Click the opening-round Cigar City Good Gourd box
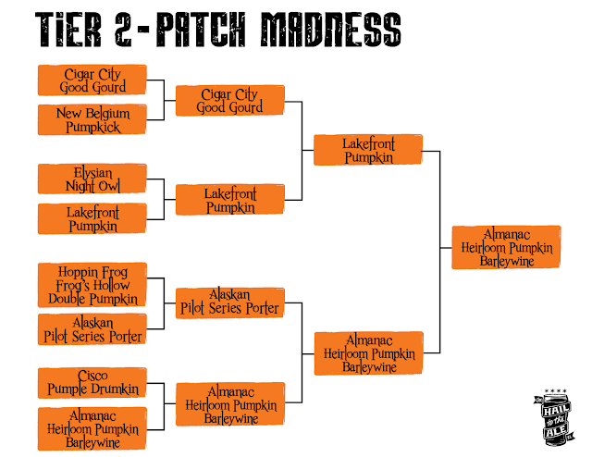click(x=92, y=80)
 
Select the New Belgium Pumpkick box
click(x=92, y=119)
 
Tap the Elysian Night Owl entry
click(x=92, y=179)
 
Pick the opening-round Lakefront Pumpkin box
click(x=92, y=218)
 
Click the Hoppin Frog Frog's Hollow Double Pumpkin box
click(x=92, y=285)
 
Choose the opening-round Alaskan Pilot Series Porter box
click(x=92, y=329)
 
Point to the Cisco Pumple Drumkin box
click(x=92, y=383)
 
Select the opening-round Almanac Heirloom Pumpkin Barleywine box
click(x=92, y=428)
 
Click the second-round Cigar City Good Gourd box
click(x=230, y=101)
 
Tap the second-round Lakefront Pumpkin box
click(x=230, y=200)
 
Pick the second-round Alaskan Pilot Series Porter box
click(x=230, y=303)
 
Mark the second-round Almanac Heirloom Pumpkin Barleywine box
click(x=230, y=404)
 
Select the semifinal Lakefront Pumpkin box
click(x=368, y=150)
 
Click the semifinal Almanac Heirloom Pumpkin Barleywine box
click(x=368, y=353)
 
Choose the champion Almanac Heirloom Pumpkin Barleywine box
click(x=506, y=247)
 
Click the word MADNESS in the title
click(x=331, y=30)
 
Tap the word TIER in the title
click(x=68, y=30)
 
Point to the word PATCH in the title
click(x=201, y=30)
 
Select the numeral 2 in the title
click(x=123, y=30)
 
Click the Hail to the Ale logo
click(x=554, y=417)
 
